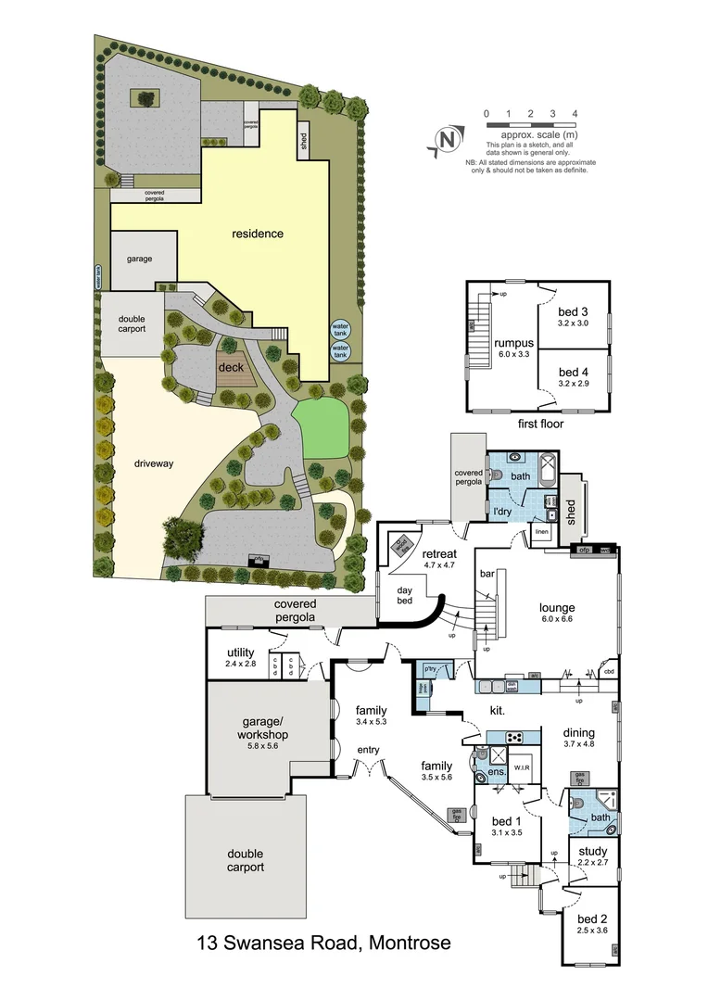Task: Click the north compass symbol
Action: pos(447,140)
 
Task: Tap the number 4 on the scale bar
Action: pos(575,113)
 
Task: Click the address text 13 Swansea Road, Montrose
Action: pos(323,944)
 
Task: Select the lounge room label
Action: pos(558,609)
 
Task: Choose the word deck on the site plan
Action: pos(230,367)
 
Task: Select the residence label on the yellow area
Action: pos(257,234)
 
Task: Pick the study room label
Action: pos(593,851)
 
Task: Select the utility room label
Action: pos(240,653)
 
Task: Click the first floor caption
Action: pos(536,424)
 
